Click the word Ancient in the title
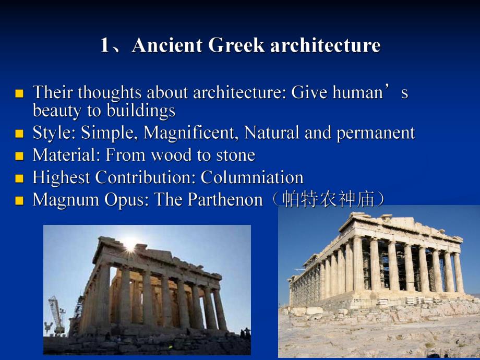pyautogui.click(x=167, y=45)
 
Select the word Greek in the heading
pyautogui.click(x=236, y=45)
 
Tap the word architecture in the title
pyautogui.click(x=326, y=45)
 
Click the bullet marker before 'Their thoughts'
pyautogui.click(x=19, y=93)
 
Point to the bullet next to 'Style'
pyautogui.click(x=19, y=134)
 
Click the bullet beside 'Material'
pyautogui.click(x=19, y=156)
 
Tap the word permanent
pyautogui.click(x=376, y=134)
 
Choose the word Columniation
pyautogui.click(x=252, y=177)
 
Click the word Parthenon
pyautogui.click(x=225, y=199)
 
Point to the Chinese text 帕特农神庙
pyautogui.click(x=328, y=199)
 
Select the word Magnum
pyautogui.click(x=66, y=200)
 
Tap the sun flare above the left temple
pyautogui.click(x=130, y=245)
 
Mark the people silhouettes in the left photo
pyautogui.click(x=245, y=333)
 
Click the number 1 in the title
pyautogui.click(x=104, y=45)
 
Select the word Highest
pyautogui.click(x=61, y=178)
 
